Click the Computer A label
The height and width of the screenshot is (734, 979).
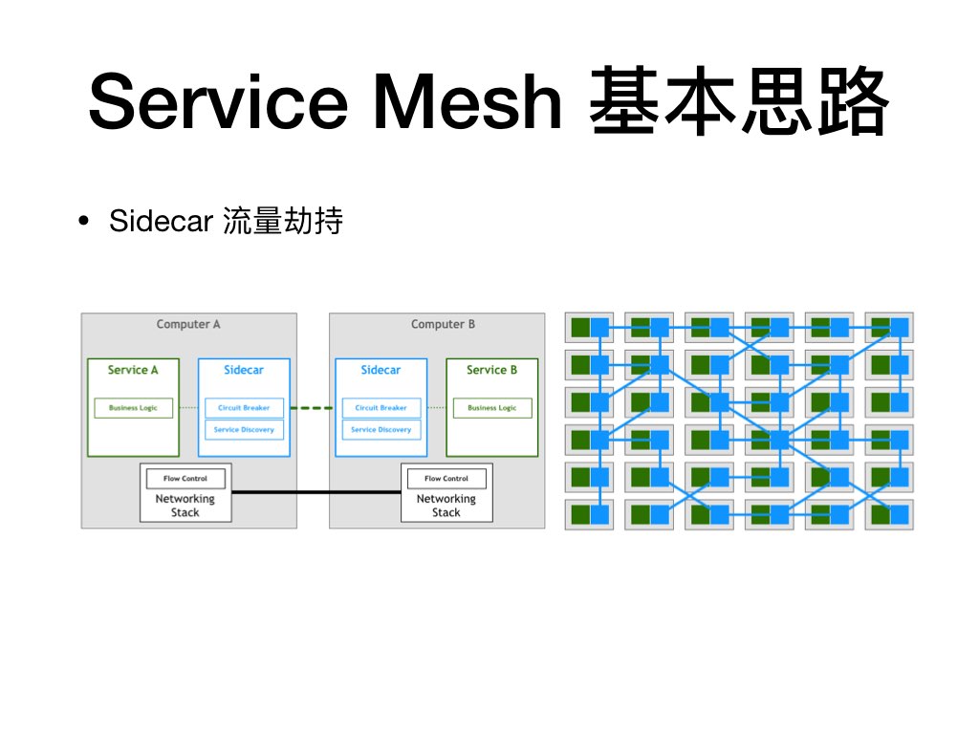[188, 324]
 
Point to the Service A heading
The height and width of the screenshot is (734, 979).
[133, 370]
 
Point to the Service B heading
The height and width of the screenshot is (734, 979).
[491, 370]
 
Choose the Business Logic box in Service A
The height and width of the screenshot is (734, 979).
[133, 408]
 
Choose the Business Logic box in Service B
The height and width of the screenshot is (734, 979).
[491, 408]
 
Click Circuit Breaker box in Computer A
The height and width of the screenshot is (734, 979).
[244, 408]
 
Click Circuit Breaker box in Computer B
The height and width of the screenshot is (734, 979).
[381, 408]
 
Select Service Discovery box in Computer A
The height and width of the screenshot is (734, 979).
[244, 430]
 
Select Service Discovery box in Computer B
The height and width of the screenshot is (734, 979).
[381, 430]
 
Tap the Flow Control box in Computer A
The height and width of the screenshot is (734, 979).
[185, 478]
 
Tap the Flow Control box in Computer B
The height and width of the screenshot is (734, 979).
[446, 478]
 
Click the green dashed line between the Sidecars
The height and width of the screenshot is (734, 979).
[312, 408]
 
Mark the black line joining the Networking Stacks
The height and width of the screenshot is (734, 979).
[315, 492]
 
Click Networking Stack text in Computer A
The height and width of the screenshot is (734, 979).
[185, 506]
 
